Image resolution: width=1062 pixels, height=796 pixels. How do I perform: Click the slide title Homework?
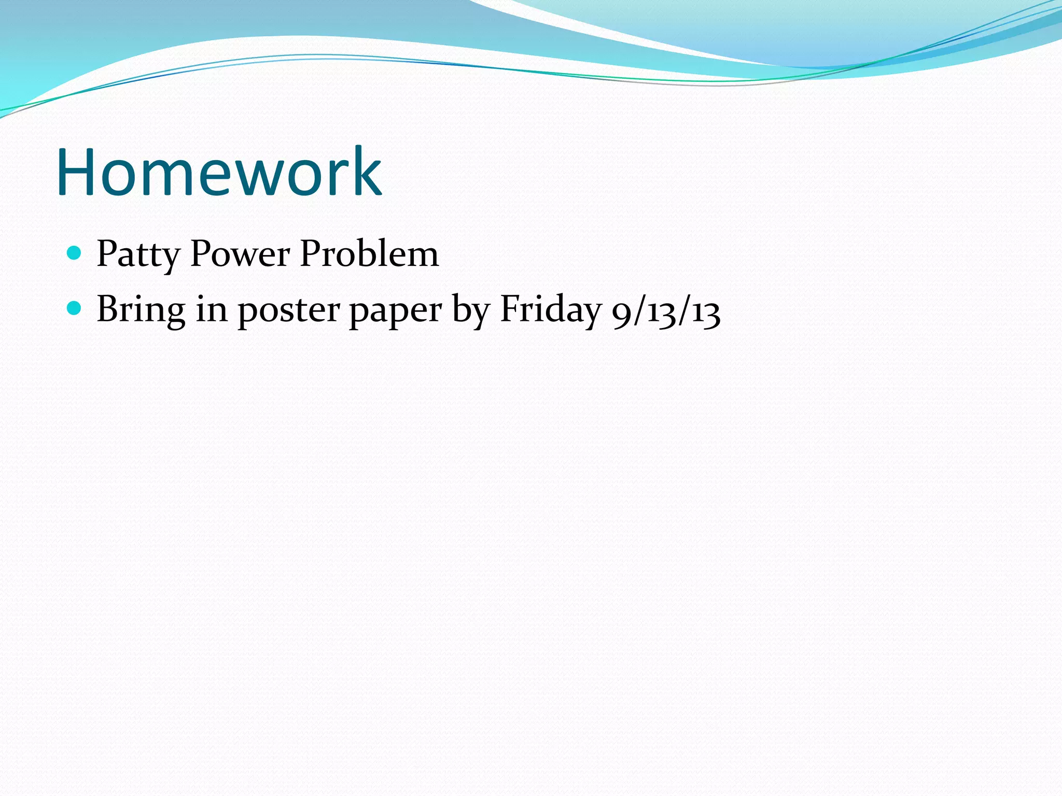[x=219, y=172]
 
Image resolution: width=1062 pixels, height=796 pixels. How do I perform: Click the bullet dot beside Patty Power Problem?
[x=75, y=253]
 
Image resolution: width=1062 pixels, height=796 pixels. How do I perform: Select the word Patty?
[x=138, y=255]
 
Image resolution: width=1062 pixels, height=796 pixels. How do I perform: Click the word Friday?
[x=550, y=310]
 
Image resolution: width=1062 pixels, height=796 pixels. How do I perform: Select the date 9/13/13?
[x=666, y=312]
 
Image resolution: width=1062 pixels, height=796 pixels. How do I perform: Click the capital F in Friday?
[x=510, y=308]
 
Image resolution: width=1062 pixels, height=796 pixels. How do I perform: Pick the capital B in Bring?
[x=107, y=308]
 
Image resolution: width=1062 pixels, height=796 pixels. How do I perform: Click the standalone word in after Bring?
[x=212, y=309]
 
